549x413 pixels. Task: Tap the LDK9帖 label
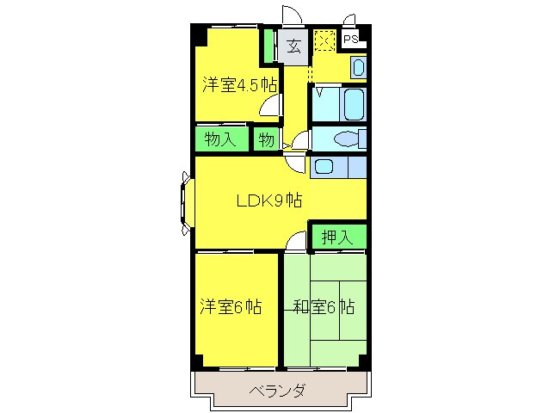coord(269,201)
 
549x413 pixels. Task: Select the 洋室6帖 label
coord(231,307)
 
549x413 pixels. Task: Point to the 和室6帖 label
coord(324,307)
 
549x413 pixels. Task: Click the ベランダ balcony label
coord(277,391)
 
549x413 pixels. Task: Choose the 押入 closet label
coord(337,237)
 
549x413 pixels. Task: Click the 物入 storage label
coord(220,139)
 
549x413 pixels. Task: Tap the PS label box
coord(351,39)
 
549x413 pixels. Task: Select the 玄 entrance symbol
coord(293,46)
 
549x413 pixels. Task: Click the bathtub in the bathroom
coord(352,105)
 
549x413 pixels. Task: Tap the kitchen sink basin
coord(324,166)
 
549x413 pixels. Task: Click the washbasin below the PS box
coord(358,66)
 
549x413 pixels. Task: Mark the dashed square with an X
coord(324,40)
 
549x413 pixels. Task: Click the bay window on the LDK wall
coord(186,203)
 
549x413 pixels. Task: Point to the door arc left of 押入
coord(298,240)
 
